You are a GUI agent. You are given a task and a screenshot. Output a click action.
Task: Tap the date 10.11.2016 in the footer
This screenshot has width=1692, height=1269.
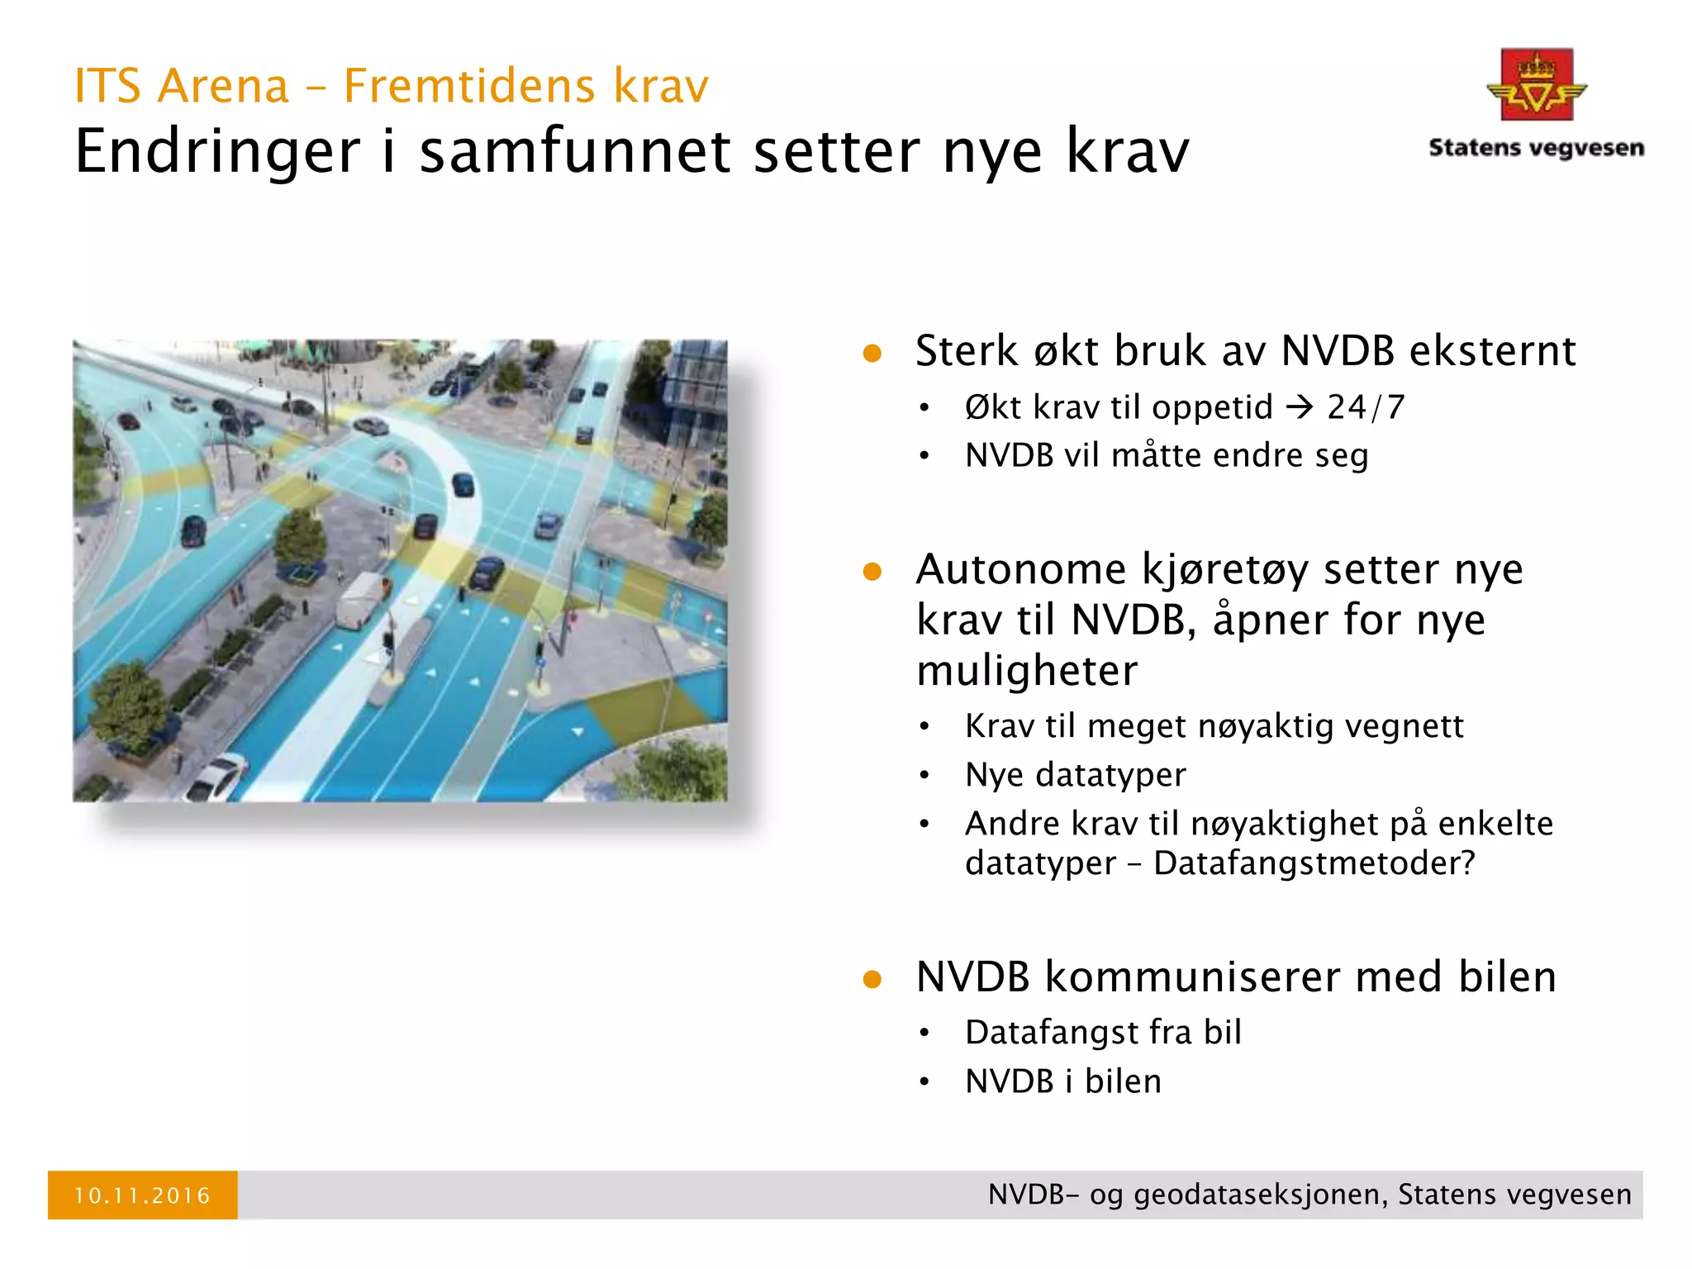click(142, 1195)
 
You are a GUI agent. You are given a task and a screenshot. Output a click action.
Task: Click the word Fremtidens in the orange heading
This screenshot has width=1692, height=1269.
click(468, 86)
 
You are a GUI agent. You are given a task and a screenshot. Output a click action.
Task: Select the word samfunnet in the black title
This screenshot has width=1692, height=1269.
click(575, 151)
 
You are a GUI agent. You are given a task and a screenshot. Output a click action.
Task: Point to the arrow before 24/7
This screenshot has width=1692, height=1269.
click(1300, 406)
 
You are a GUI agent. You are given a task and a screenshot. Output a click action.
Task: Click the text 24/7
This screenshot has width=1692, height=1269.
click(1366, 406)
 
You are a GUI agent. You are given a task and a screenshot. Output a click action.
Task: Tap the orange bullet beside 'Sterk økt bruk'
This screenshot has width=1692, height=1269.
click(872, 354)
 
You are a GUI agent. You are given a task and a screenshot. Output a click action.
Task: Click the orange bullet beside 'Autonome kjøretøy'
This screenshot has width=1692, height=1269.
click(872, 572)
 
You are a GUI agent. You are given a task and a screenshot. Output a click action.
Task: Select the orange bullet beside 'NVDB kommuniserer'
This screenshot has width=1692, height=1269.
click(872, 979)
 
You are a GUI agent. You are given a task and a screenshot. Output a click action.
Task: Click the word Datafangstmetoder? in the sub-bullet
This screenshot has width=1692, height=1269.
click(1314, 863)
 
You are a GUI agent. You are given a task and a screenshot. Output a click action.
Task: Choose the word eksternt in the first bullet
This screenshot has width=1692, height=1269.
click(1492, 351)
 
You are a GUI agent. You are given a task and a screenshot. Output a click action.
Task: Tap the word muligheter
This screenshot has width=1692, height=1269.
click(1027, 670)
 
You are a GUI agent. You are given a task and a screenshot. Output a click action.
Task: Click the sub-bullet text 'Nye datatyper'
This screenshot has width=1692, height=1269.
click(1075, 775)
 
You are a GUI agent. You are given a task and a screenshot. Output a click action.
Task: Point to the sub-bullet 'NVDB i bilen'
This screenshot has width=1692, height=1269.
click(1062, 1081)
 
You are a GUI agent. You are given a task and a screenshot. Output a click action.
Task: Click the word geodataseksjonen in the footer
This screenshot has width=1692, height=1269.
click(1259, 1195)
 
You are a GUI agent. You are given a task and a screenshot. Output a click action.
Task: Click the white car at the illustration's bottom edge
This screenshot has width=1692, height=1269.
click(217, 777)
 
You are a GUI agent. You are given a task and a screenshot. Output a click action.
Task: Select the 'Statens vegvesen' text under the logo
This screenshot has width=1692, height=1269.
click(1536, 148)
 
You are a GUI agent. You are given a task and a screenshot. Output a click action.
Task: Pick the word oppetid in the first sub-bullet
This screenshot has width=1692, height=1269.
click(1212, 407)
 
